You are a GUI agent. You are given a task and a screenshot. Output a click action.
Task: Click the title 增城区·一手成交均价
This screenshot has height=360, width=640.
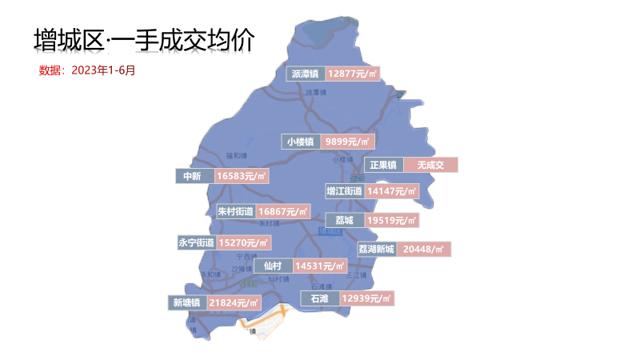click(150, 41)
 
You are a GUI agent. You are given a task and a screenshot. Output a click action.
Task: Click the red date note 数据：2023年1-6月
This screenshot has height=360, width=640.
click(87, 70)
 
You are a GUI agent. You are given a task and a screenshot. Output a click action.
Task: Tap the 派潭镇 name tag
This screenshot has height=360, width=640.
click(305, 74)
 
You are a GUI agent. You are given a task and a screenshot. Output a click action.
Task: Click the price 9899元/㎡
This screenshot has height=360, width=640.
click(348, 142)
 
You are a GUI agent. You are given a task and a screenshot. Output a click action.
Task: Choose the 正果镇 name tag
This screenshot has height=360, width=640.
click(382, 166)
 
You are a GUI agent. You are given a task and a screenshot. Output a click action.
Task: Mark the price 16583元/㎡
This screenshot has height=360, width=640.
click(241, 176)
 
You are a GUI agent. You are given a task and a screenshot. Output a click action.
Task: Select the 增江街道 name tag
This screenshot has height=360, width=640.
click(345, 191)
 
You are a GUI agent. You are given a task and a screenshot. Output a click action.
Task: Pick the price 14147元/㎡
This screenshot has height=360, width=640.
click(392, 191)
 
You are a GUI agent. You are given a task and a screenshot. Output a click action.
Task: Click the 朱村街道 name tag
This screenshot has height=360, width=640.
click(235, 212)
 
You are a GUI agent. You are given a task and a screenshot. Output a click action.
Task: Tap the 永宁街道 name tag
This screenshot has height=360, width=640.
click(196, 242)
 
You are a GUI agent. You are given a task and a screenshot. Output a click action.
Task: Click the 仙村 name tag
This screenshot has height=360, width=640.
click(272, 266)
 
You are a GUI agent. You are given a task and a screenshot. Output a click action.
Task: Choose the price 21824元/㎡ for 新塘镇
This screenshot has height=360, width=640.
click(234, 303)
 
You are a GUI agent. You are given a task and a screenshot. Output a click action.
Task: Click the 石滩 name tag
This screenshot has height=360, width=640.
click(319, 298)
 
